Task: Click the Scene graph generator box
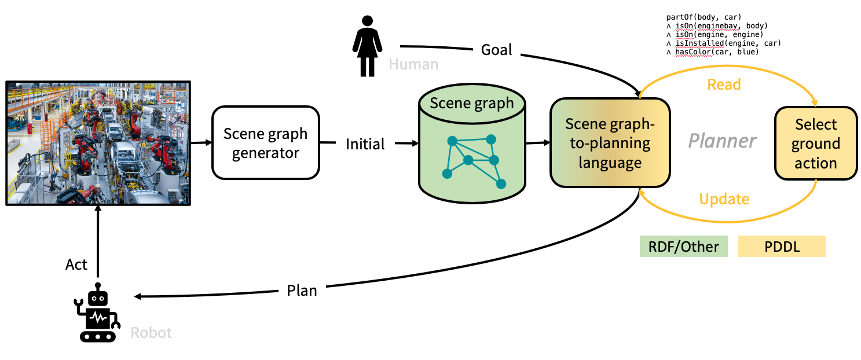click(265, 142)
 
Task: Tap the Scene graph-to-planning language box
click(609, 143)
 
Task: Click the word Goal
click(497, 50)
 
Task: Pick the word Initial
click(365, 144)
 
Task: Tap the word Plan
click(302, 290)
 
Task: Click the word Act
click(76, 265)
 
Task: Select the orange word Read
click(724, 85)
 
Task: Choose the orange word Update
click(724, 199)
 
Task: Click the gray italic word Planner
click(723, 141)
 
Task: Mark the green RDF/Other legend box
click(683, 247)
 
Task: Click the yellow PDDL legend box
click(781, 247)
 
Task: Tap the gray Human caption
click(413, 64)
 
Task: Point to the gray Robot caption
click(151, 333)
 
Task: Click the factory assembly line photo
click(98, 143)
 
